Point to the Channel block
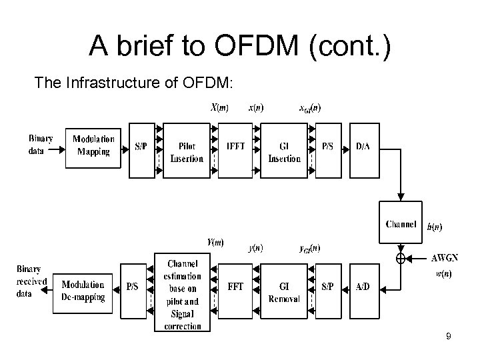click(401, 224)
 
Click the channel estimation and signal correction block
click(181, 291)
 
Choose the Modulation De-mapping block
click(84, 291)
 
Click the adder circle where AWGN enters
click(401, 257)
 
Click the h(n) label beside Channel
click(433, 227)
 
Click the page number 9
click(448, 337)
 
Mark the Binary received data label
click(31, 281)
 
